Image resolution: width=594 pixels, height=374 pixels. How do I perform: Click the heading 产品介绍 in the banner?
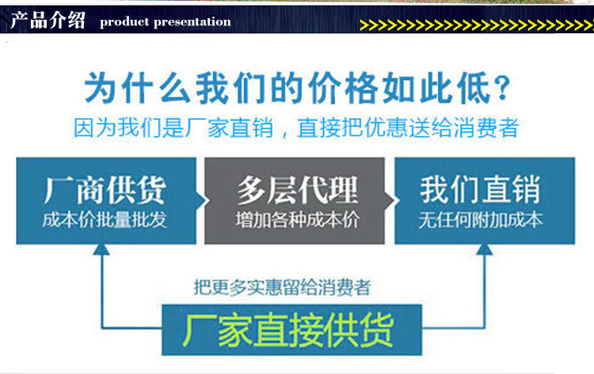tap(48, 20)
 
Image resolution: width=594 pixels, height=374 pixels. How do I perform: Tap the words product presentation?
tap(166, 22)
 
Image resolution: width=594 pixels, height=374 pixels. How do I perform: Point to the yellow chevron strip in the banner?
tap(477, 25)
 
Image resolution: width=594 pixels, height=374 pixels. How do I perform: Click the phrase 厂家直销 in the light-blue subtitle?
tap(229, 128)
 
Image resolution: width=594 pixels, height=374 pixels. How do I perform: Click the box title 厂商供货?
tap(105, 190)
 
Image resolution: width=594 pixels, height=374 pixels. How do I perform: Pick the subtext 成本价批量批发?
tap(105, 219)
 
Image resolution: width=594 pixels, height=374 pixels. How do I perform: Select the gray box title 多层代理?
tap(297, 190)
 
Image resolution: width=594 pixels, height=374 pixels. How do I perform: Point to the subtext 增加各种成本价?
tap(297, 219)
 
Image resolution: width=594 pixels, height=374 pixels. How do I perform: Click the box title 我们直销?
tap(480, 190)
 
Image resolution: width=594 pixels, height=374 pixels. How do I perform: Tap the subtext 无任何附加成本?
tap(481, 219)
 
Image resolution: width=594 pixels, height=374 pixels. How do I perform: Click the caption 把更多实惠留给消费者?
tap(282, 287)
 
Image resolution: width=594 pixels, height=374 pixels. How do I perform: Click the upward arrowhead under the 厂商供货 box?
tap(101, 249)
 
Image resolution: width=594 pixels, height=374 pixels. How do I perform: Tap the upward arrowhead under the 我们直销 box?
tap(485, 249)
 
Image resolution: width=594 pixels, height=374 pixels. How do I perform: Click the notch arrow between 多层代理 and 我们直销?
tap(390, 200)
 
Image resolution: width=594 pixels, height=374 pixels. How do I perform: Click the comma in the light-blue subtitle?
tap(284, 133)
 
